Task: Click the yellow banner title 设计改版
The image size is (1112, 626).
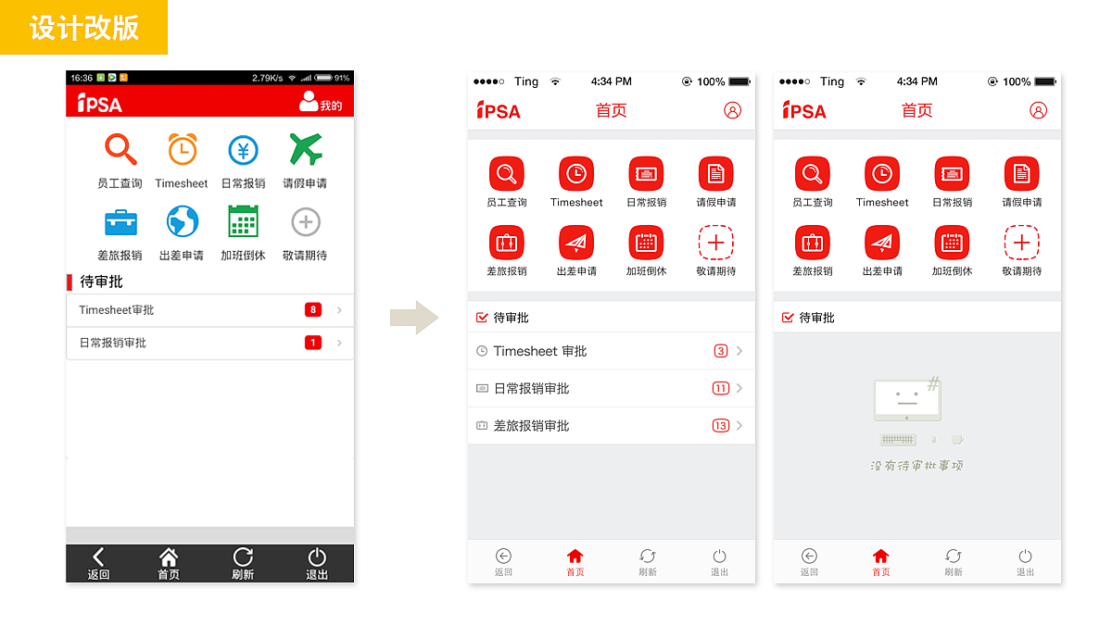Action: (x=83, y=28)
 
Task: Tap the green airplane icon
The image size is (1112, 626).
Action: (x=305, y=149)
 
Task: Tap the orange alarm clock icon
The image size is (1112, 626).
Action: (x=182, y=149)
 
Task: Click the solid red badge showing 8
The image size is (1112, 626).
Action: (x=313, y=310)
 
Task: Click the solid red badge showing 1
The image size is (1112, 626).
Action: (x=313, y=343)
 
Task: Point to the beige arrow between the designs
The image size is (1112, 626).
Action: (x=413, y=318)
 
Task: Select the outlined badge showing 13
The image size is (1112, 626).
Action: (x=721, y=426)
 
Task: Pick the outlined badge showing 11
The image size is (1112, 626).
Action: (x=721, y=389)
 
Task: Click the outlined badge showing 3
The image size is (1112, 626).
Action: (x=721, y=351)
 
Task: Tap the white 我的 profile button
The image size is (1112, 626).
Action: (x=321, y=103)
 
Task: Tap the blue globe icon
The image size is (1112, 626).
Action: (x=182, y=222)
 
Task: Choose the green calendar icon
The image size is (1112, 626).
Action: (x=243, y=222)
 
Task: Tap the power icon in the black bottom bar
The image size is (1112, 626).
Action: (x=317, y=557)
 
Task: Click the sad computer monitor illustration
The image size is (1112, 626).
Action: (x=908, y=400)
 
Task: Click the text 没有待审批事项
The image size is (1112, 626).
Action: (x=916, y=466)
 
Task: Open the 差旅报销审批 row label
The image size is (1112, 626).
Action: (x=531, y=426)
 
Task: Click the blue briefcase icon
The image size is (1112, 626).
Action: (x=120, y=222)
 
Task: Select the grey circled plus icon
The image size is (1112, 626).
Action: (x=305, y=222)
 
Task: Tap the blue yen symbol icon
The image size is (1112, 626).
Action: (x=243, y=150)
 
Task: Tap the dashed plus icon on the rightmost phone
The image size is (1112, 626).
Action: (x=1021, y=243)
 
